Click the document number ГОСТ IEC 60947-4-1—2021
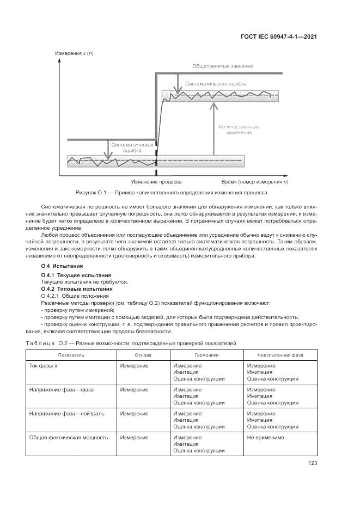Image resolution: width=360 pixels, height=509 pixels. click(278, 37)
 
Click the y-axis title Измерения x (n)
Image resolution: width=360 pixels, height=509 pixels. click(74, 53)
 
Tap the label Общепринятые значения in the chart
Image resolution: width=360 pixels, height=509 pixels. click(222, 66)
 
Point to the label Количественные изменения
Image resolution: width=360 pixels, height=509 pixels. click(239, 129)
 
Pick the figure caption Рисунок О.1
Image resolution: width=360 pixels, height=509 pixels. click(171, 193)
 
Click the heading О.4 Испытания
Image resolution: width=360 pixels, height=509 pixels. click(62, 266)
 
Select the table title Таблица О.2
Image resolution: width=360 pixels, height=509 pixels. click(130, 344)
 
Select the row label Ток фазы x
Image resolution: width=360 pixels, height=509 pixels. click(44, 366)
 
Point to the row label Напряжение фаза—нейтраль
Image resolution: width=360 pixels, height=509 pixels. click(63, 414)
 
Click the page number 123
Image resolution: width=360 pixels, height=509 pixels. click(312, 463)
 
